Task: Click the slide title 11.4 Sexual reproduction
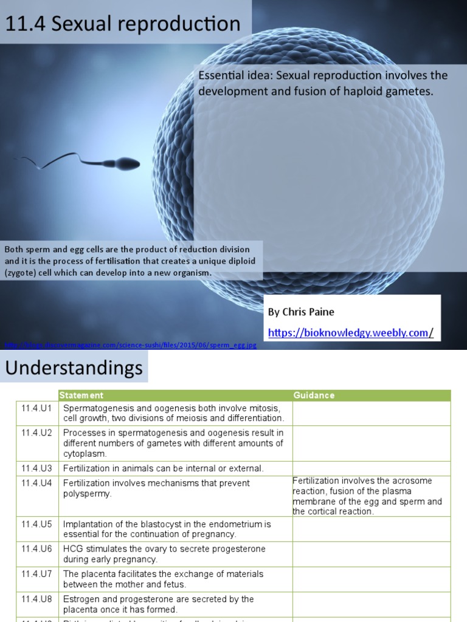coord(123,24)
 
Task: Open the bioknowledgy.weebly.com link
coord(350,332)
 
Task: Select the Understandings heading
coord(74,367)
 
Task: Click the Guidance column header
coord(314,395)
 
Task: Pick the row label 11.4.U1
coord(37,408)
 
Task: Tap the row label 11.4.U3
coord(37,468)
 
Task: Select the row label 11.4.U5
coord(37,524)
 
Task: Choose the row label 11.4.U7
coord(37,573)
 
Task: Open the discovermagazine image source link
coord(130,346)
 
